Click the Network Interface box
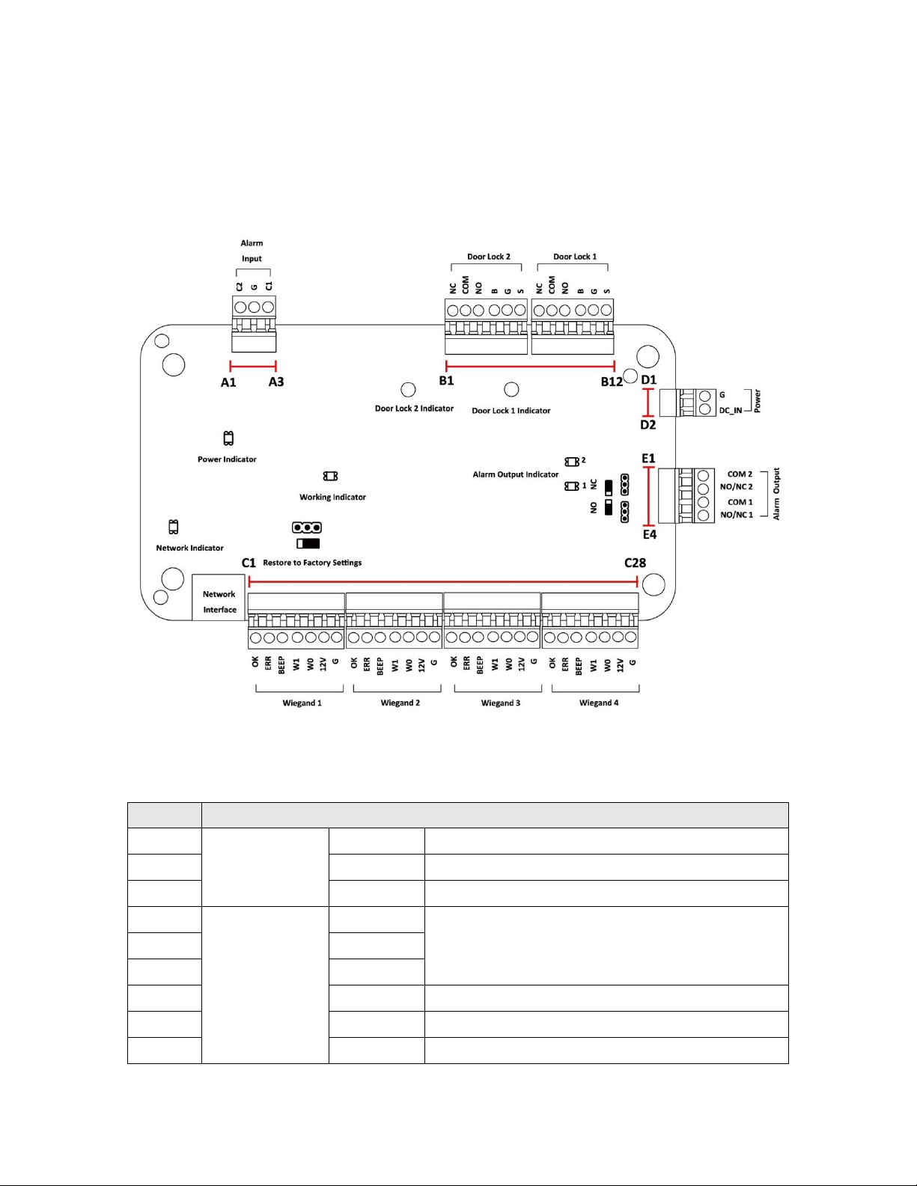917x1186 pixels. tap(219, 596)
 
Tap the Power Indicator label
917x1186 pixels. tap(227, 459)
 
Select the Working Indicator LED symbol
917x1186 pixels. tap(330, 476)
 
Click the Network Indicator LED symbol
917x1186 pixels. tap(174, 527)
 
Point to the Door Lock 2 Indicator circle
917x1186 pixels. tap(408, 390)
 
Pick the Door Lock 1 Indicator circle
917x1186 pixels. tap(511, 389)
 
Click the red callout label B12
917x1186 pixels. tap(612, 382)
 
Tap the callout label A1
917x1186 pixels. tap(228, 382)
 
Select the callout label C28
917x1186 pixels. tap(636, 563)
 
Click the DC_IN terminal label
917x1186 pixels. tap(731, 411)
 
